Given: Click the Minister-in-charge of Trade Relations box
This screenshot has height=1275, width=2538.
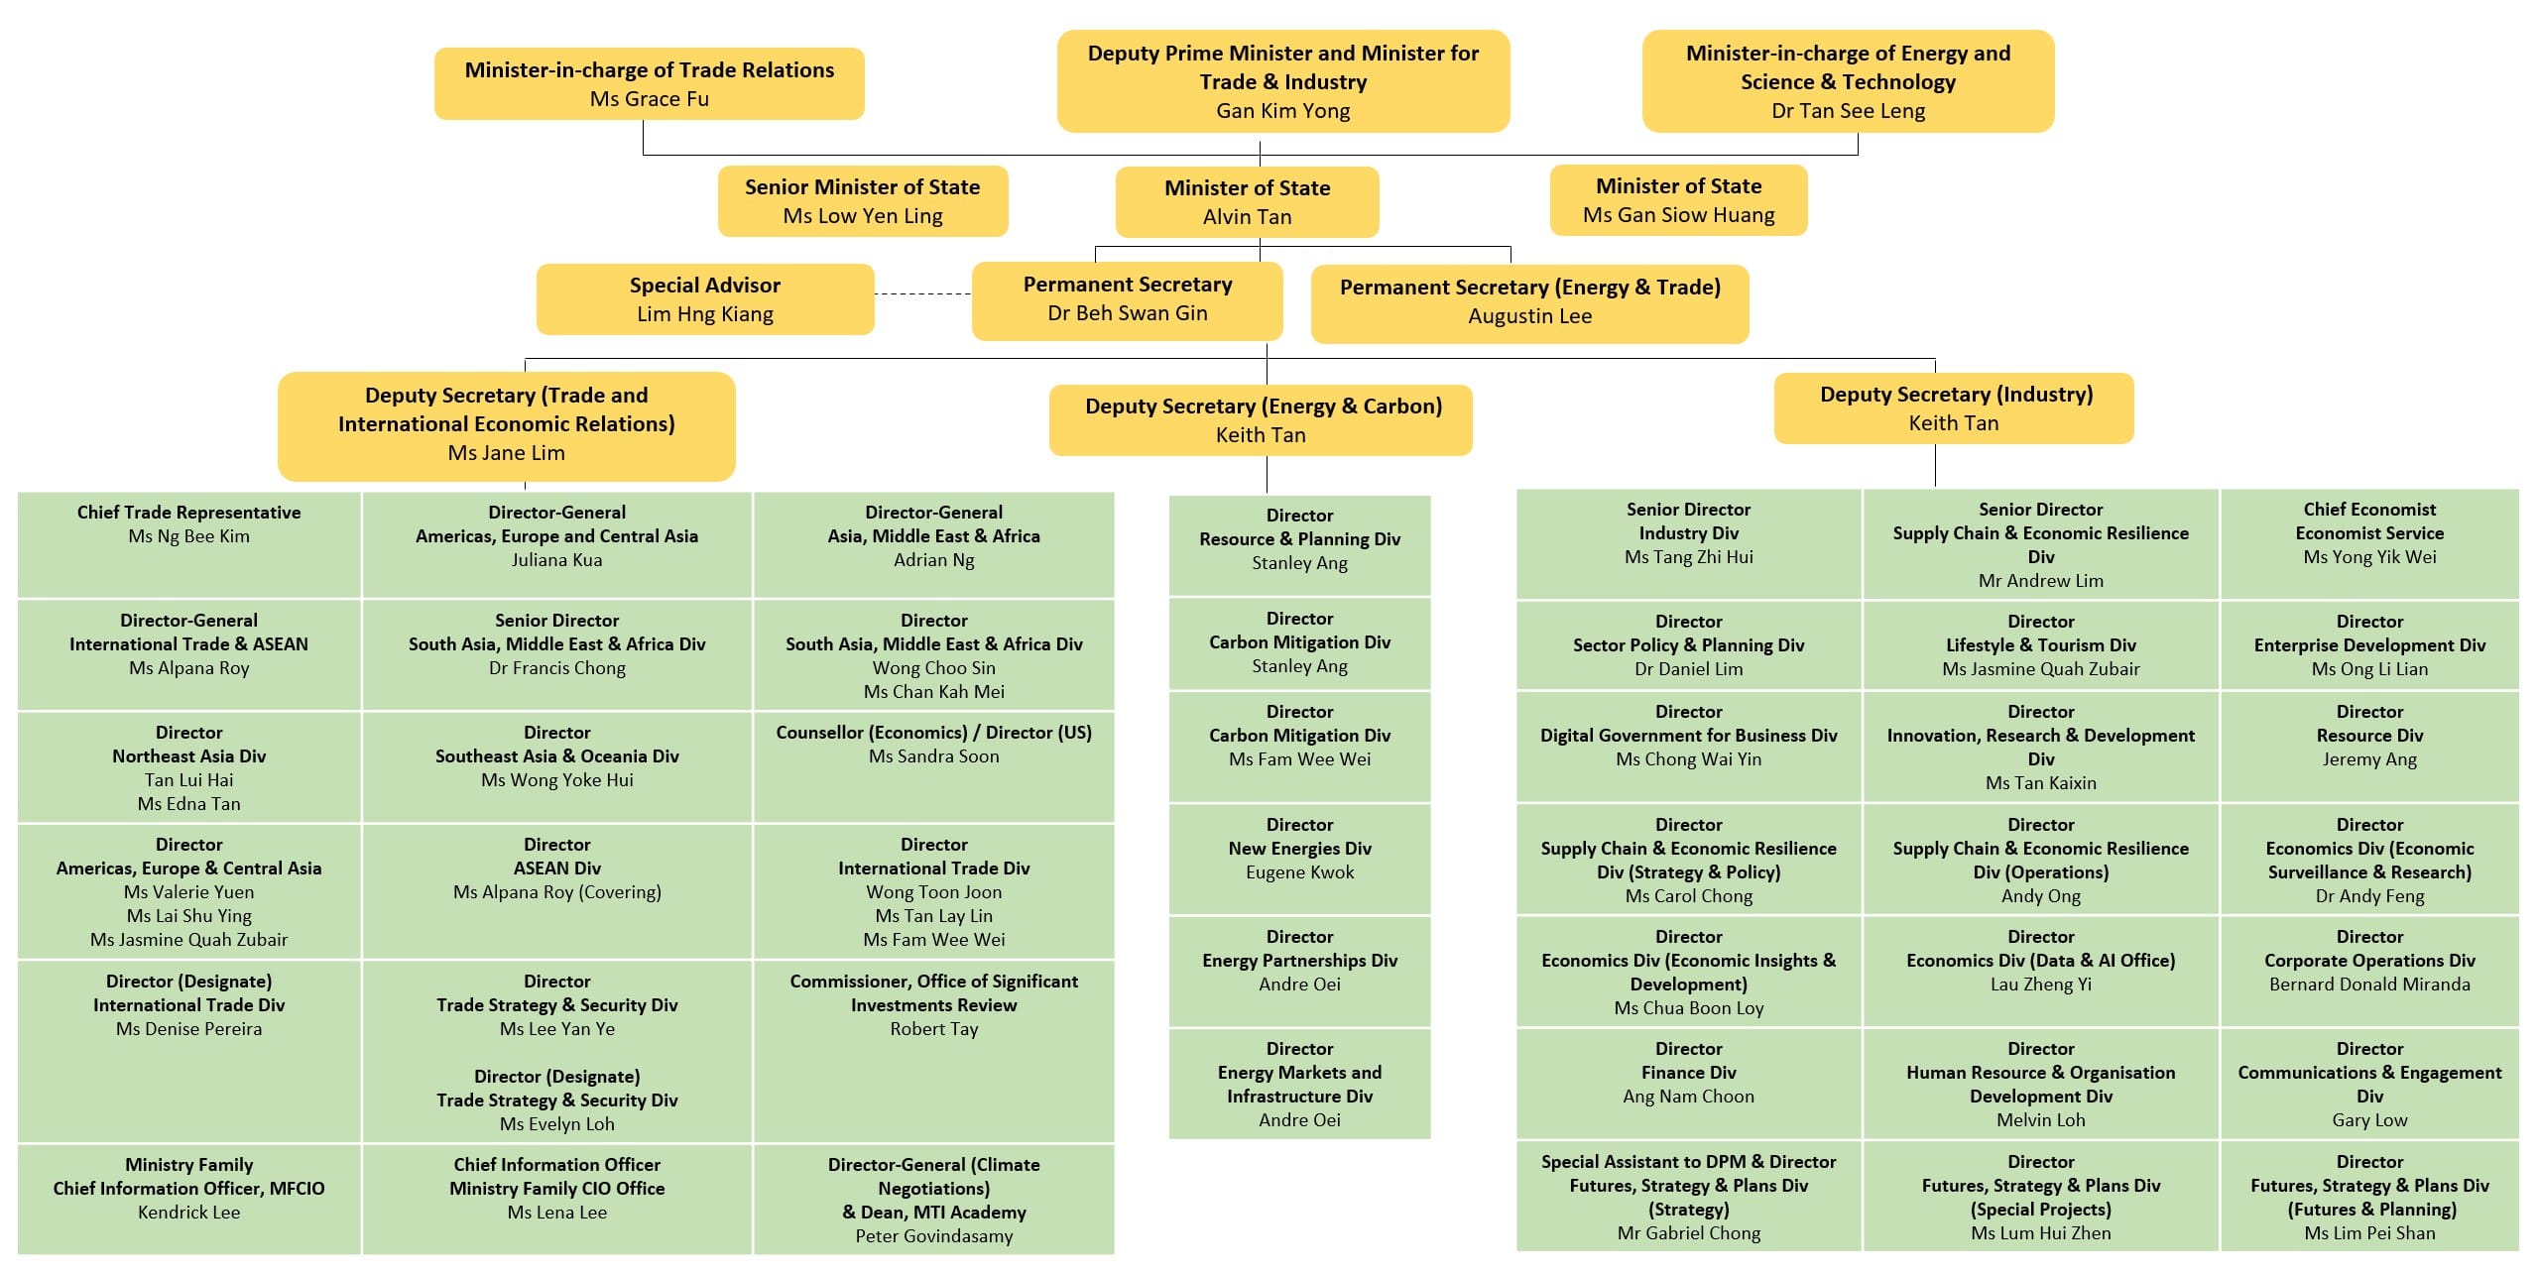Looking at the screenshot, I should (x=649, y=84).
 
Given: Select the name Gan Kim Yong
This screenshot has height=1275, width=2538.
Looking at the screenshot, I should (x=1282, y=111).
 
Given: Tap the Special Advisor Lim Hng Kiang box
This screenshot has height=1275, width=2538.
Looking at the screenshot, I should (x=705, y=299).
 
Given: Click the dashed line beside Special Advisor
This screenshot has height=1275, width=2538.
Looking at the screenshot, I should (x=922, y=294).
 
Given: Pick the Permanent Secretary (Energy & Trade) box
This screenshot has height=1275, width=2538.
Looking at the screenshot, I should (x=1528, y=302).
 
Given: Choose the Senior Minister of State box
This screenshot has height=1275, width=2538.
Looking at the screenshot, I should (x=862, y=201).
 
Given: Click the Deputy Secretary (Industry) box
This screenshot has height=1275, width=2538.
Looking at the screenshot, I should (x=1953, y=408).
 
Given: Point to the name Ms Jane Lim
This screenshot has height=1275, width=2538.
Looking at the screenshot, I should (x=506, y=453).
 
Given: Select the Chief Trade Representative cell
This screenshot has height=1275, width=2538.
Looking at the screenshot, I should (x=188, y=543).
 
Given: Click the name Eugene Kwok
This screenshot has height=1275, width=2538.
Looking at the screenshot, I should (x=1299, y=872).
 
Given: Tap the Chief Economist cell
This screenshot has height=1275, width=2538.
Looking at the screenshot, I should (x=2368, y=543).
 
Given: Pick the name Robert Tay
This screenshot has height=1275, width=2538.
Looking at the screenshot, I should (x=933, y=1029).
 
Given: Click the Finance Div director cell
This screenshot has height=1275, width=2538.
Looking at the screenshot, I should (x=1688, y=1083).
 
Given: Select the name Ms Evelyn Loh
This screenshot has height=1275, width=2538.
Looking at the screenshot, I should (x=556, y=1124).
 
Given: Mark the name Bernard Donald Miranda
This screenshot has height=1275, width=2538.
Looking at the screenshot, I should (x=2368, y=985).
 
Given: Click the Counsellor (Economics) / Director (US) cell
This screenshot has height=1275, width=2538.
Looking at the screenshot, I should (x=933, y=765).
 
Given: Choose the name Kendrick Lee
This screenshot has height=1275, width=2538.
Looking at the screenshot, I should (x=188, y=1213).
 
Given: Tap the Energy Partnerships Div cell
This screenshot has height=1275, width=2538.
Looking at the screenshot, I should (x=1299, y=970).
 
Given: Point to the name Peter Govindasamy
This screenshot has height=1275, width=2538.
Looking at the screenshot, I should (x=933, y=1236).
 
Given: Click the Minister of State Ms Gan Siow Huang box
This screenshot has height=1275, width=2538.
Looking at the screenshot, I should (x=1678, y=201).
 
